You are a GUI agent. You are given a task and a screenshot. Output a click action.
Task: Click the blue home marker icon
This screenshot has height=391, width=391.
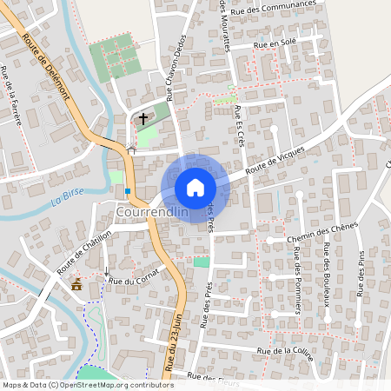195,188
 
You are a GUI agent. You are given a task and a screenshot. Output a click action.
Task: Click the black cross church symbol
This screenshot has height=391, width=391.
143,116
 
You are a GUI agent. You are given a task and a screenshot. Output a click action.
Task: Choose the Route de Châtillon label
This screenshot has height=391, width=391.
85,252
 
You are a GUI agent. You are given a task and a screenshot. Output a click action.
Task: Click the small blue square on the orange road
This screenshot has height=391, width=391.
128,190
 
